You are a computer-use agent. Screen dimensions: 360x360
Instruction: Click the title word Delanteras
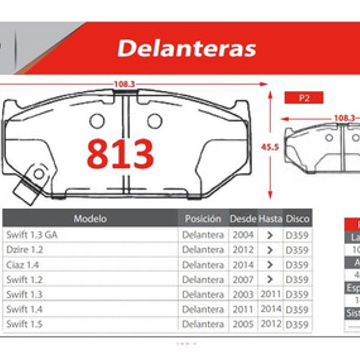[x=187, y=48]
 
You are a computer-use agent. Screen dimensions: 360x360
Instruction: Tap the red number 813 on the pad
[x=120, y=154]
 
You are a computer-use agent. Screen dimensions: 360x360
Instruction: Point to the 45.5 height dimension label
[x=270, y=147]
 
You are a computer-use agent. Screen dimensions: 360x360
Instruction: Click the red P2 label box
[x=303, y=98]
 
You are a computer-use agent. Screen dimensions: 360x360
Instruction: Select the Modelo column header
[x=90, y=219]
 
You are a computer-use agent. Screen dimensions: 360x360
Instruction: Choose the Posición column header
[x=203, y=219]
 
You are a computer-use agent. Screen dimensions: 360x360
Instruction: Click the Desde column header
[x=243, y=219]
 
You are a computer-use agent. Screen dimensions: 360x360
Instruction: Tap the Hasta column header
[x=270, y=219]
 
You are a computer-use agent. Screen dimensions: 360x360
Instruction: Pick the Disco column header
[x=297, y=219]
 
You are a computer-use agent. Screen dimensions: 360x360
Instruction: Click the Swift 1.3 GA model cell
[x=32, y=235]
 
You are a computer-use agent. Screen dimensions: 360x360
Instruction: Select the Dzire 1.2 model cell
[x=24, y=249]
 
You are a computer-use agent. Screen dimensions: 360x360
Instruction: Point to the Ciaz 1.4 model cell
[x=22, y=265]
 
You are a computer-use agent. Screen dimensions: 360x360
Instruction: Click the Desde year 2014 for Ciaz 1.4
[x=243, y=265]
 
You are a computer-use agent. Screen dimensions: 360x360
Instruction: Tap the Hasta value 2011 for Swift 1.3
[x=271, y=294]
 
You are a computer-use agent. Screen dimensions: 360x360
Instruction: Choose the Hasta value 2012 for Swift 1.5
[x=271, y=324]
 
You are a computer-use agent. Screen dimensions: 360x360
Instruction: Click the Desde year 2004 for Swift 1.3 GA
[x=243, y=235]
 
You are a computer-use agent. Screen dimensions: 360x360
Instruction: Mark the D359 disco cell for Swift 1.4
[x=297, y=309]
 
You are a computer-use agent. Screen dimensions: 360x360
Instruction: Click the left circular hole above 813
[x=97, y=121]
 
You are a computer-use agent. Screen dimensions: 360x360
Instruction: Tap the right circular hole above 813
[x=155, y=121]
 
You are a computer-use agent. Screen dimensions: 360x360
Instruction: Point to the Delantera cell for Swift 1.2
[x=203, y=279]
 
